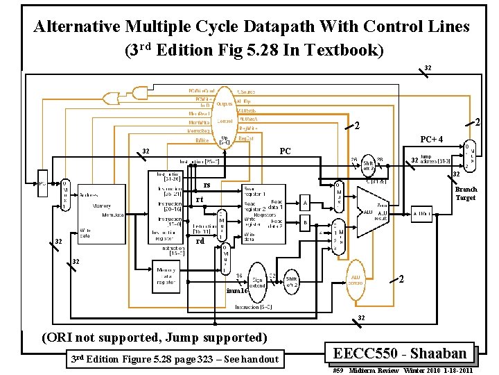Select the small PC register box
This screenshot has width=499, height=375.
pos(43,185)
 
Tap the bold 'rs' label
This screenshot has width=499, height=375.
pos(207,185)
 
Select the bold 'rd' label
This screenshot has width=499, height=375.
pos(200,242)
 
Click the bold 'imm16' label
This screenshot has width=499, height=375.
pos(237,291)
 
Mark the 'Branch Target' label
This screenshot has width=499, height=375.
pos(466,194)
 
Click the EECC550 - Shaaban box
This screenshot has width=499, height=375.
pos(404,353)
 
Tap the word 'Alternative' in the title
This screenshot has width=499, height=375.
pos(79,27)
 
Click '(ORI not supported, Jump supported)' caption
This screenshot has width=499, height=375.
pos(154,337)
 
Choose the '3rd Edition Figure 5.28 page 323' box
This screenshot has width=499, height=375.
pos(175,359)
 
